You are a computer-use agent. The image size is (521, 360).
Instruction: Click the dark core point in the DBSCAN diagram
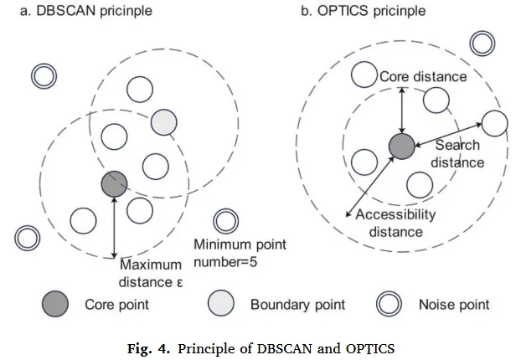pyautogui.click(x=114, y=183)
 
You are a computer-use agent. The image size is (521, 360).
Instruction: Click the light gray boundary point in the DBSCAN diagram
pyautogui.click(x=164, y=123)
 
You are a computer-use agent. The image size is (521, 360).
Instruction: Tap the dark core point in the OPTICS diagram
pyautogui.click(x=402, y=147)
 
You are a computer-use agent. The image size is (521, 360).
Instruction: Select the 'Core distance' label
pyautogui.click(x=423, y=77)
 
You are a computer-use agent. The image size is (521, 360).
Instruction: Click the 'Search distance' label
pyautogui.click(x=457, y=154)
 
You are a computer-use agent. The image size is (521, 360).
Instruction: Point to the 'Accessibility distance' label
pyautogui.click(x=395, y=223)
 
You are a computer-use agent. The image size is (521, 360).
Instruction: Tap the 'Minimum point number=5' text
pyautogui.click(x=240, y=254)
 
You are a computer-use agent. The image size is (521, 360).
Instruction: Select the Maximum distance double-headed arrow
pyautogui.click(x=114, y=226)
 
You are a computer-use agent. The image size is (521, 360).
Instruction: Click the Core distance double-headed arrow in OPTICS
pyautogui.click(x=402, y=108)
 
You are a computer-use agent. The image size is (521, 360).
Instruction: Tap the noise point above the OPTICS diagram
pyautogui.click(x=482, y=44)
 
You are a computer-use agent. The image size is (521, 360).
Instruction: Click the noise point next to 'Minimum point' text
pyautogui.click(x=224, y=222)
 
